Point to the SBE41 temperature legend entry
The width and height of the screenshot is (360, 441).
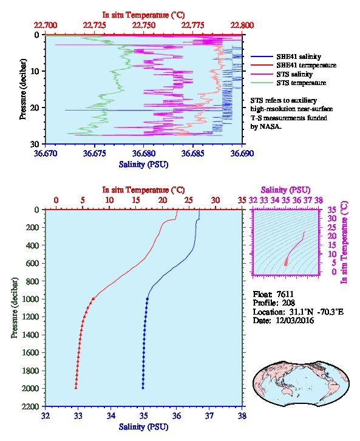pyautogui.click(x=293, y=65)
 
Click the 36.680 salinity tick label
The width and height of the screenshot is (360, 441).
pyautogui.click(x=144, y=153)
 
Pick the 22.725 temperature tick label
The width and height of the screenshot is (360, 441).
pyautogui.click(x=95, y=26)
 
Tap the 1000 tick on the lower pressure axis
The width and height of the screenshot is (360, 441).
pyautogui.click(x=32, y=299)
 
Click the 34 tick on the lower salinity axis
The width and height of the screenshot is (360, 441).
pyautogui.click(x=110, y=416)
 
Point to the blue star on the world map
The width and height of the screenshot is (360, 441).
pyautogui.click(x=327, y=374)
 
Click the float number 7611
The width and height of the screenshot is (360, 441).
pyautogui.click(x=285, y=294)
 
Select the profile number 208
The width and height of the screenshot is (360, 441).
pyautogui.click(x=288, y=303)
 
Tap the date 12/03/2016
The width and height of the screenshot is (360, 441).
pyautogui.click(x=295, y=320)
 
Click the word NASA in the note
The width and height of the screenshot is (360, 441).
pyautogui.click(x=270, y=126)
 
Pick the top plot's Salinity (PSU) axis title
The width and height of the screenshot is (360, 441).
pyautogui.click(x=144, y=164)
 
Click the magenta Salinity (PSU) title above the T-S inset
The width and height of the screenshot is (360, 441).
pyautogui.click(x=285, y=190)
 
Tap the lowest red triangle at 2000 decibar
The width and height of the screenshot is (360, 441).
pyautogui.click(x=76, y=388)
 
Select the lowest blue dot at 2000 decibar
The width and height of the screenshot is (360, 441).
pyautogui.click(x=143, y=388)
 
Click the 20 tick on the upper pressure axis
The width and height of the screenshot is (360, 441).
pyautogui.click(x=35, y=108)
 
